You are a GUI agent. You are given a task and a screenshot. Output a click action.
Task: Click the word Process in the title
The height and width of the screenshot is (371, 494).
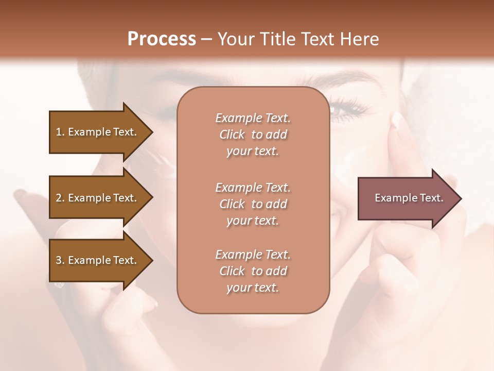coord(162,39)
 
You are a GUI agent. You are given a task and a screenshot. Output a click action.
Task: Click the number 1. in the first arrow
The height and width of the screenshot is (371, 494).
coord(60,132)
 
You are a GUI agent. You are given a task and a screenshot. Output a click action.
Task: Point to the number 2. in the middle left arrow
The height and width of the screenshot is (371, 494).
coord(60,198)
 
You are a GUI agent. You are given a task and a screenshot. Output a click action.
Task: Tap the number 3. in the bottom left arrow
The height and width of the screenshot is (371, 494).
coord(60,260)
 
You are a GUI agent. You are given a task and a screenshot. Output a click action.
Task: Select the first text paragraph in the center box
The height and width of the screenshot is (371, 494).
coord(253,134)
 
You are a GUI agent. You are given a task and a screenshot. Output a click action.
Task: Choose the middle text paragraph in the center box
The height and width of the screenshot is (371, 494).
coord(253,204)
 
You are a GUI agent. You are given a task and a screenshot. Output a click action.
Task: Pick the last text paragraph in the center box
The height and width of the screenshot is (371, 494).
coord(253,271)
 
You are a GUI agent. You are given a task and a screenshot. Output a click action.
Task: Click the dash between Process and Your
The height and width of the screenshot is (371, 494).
coord(207,40)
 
